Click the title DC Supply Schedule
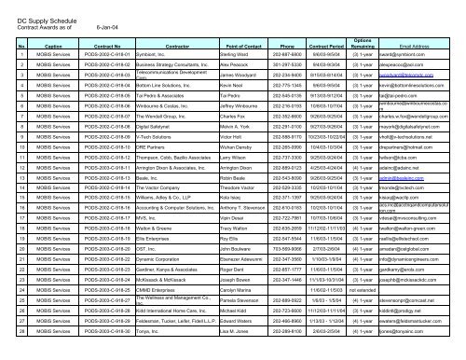43,19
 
